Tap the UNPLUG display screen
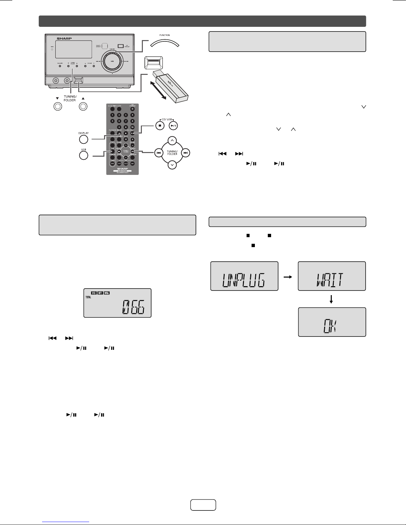(244, 276)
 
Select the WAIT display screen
(332, 276)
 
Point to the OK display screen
(332, 322)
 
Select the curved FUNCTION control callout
(164, 43)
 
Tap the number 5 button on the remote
(112, 121)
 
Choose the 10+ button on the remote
(132, 127)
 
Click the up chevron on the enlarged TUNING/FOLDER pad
(172, 141)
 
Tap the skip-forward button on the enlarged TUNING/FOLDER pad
(186, 153)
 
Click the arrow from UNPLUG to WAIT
(288, 277)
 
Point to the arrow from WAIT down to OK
(331, 299)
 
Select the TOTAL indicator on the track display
(88, 297)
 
